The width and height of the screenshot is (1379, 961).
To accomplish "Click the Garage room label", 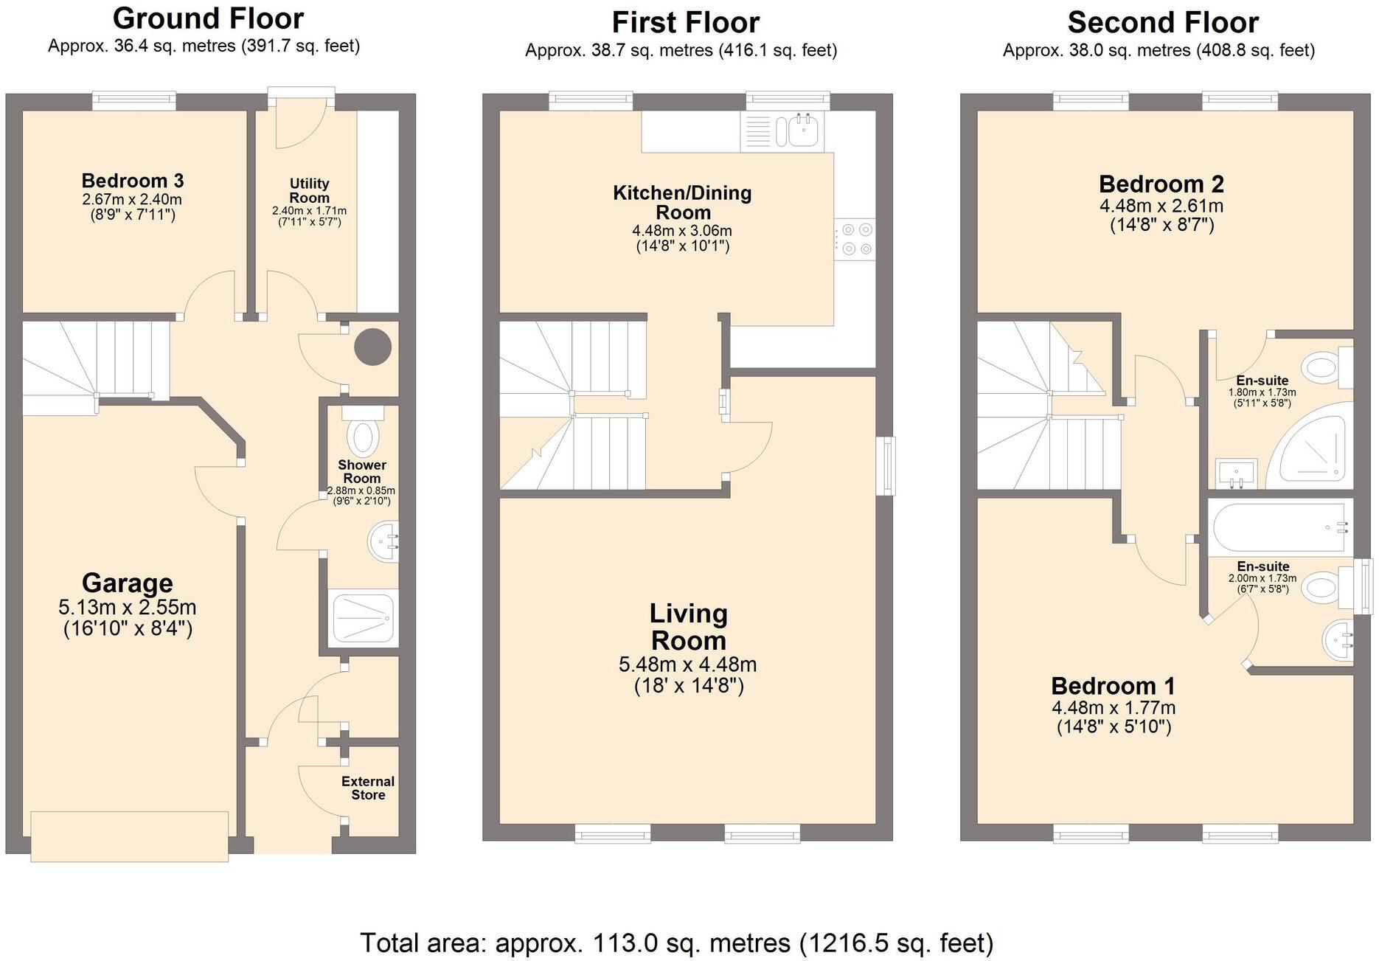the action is click(x=128, y=583).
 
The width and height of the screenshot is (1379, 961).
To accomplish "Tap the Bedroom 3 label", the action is click(x=133, y=181).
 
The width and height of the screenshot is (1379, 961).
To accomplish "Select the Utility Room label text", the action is click(x=310, y=190).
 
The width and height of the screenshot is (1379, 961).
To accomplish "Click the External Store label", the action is click(x=368, y=788).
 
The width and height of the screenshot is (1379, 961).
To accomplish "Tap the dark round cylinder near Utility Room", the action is click(x=372, y=347).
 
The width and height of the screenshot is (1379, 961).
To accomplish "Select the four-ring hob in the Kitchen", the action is click(x=855, y=240).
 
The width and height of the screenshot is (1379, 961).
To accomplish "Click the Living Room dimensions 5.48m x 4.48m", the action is click(x=687, y=665).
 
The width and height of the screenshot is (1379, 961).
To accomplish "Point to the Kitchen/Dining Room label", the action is click(x=683, y=203).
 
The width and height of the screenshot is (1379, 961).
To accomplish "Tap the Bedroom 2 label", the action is click(x=1161, y=184).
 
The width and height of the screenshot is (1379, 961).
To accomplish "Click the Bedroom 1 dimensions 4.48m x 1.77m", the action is click(x=1114, y=707).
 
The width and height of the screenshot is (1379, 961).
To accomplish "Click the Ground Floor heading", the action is click(x=209, y=18).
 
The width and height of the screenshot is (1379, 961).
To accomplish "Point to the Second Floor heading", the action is click(x=1163, y=23).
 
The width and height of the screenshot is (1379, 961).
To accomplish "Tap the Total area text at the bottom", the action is click(x=677, y=943).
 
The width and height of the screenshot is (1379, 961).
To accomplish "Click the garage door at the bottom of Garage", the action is click(x=130, y=836).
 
